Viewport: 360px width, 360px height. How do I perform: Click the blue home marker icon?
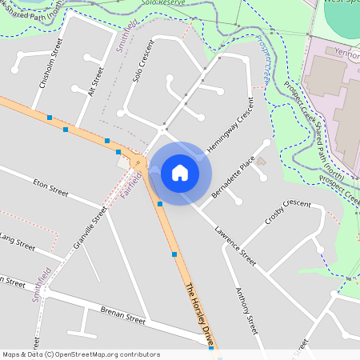click(x=180, y=172)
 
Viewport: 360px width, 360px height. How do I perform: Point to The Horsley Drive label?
click(x=201, y=315)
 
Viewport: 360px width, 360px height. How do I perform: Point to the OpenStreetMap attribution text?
click(x=81, y=354)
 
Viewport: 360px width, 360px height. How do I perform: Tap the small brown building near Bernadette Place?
click(x=262, y=162)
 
